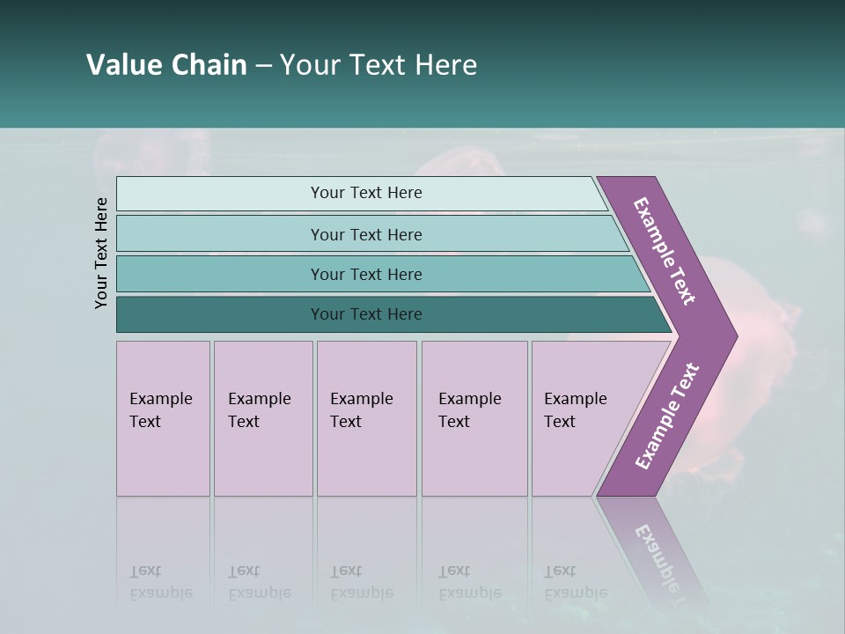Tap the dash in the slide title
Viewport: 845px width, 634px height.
263,66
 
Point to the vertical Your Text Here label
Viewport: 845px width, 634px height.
101,253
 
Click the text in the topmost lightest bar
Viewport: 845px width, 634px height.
366,193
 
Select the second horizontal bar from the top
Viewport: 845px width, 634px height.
366,234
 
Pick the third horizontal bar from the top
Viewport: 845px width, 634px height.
366,274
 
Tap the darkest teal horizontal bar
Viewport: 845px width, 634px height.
366,314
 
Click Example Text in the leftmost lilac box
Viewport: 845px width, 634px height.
160,410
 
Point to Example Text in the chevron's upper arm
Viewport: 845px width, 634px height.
665,251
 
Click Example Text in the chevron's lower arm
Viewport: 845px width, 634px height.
666,417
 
